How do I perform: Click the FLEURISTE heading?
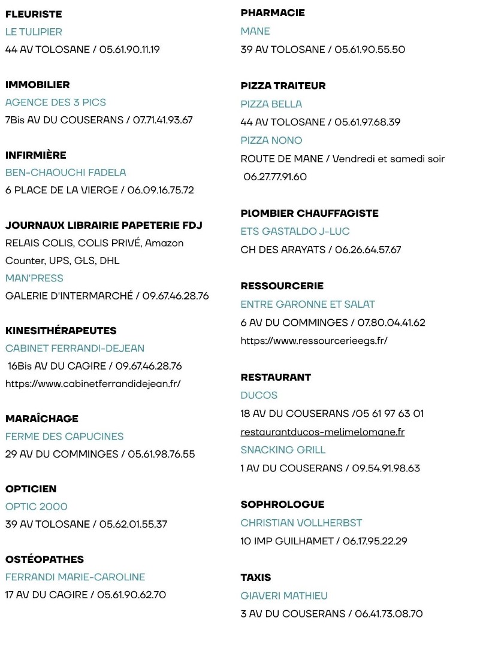coord(34,14)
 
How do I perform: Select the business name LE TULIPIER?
coord(34,32)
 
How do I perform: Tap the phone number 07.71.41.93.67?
coord(162,120)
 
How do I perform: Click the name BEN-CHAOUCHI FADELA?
coord(66,172)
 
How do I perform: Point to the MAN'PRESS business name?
coord(34,278)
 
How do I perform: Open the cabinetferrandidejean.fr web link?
coord(93,383)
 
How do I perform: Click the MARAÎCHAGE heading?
coord(42,419)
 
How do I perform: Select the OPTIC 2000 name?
coord(37,507)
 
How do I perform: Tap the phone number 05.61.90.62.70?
coord(131,595)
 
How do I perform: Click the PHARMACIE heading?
coord(273,13)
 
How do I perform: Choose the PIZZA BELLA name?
coord(271,104)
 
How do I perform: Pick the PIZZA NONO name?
coord(271,140)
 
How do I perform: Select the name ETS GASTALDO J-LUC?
coord(295,231)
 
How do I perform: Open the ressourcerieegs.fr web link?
coord(314,341)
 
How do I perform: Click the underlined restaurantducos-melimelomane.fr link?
coord(322,432)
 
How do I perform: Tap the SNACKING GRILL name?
coord(283,450)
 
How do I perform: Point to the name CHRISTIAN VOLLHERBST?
coord(301,523)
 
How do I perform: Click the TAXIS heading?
coord(256,577)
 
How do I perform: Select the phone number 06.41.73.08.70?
coord(388,614)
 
